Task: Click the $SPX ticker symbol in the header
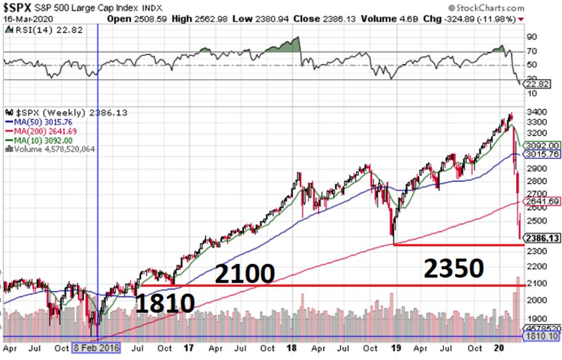18,8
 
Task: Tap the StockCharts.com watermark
487,8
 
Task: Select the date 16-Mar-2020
23,18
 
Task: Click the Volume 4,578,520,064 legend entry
50,149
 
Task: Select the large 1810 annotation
165,304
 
